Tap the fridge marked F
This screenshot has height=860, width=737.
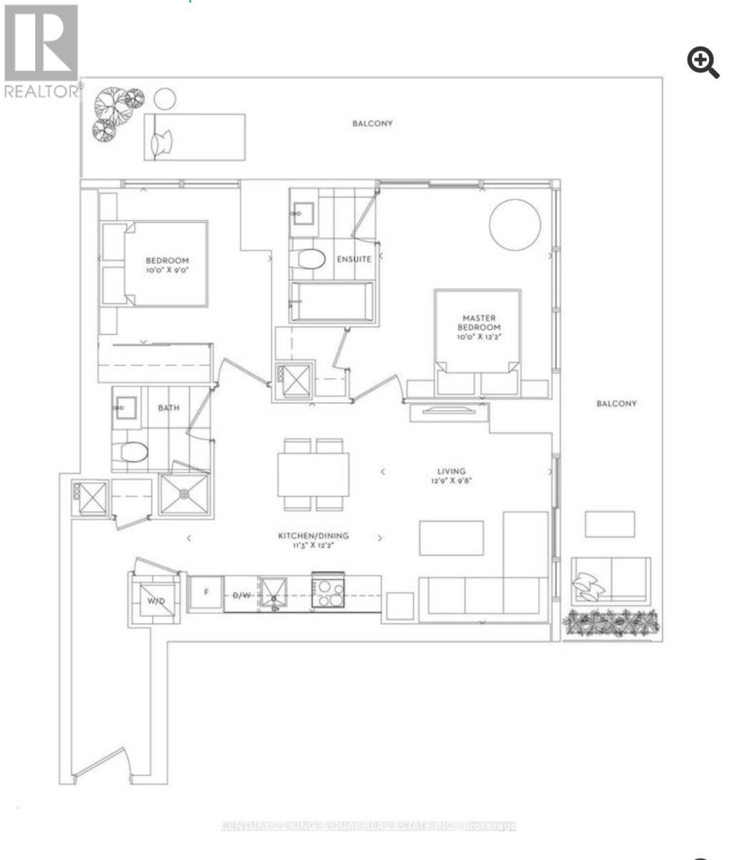point(206,593)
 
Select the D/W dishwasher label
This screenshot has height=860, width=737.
point(241,595)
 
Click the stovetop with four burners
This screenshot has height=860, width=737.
point(328,593)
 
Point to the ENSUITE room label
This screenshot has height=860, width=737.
point(354,259)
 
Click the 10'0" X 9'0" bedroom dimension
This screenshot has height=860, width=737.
point(167,271)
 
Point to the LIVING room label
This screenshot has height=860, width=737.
point(452,471)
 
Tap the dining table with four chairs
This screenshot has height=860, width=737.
point(314,474)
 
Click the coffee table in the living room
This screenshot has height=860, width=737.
point(451,537)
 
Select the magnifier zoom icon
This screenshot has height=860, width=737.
point(703,63)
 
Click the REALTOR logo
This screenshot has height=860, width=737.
point(41,50)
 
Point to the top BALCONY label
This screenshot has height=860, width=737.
point(372,123)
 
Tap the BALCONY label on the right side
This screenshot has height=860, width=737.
point(617,403)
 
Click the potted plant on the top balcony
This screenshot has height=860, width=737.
point(116,111)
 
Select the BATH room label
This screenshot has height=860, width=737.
point(168,408)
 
